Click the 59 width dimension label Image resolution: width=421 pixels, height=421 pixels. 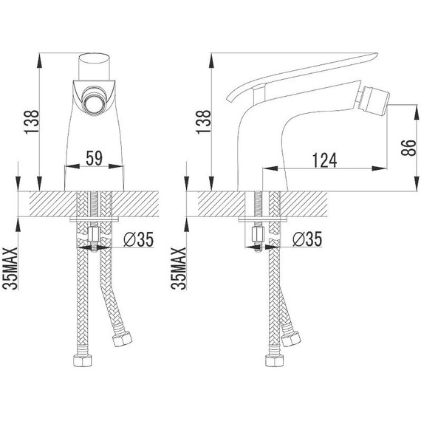point(95,158)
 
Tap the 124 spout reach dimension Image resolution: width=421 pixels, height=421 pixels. point(324,160)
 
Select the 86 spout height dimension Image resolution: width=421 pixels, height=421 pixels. point(408,148)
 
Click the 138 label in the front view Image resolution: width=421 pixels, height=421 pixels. point(32,122)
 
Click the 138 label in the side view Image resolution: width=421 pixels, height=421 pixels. point(204,122)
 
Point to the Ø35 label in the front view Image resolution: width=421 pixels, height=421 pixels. point(138,239)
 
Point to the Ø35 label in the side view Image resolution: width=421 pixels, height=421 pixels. point(307,239)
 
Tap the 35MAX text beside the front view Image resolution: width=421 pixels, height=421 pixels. point(10,268)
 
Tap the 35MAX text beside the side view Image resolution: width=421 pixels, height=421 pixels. point(179,268)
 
